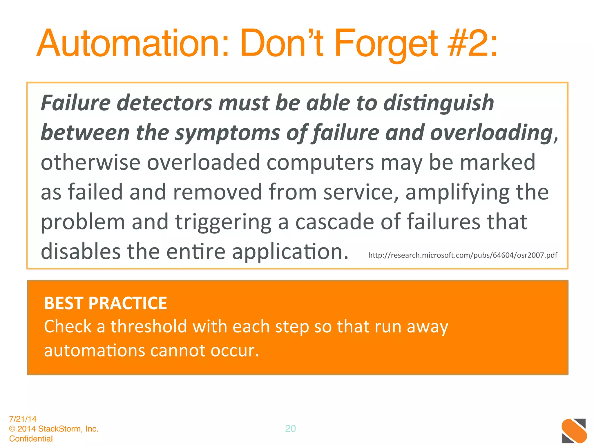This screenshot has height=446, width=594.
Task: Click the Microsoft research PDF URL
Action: click(x=463, y=255)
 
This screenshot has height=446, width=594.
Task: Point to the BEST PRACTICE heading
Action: click(x=106, y=303)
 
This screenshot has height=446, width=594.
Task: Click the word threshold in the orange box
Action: click(x=148, y=326)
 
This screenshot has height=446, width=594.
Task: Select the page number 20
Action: click(x=290, y=429)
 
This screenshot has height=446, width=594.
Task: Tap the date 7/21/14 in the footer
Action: click(x=23, y=419)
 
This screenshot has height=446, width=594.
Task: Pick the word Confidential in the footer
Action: click(x=31, y=438)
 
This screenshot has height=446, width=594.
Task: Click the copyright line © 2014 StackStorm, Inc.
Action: click(x=54, y=429)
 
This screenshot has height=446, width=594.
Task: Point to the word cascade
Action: click(x=334, y=222)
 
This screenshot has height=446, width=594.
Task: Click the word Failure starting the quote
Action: click(x=76, y=103)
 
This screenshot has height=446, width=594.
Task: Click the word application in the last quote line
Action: click(x=290, y=252)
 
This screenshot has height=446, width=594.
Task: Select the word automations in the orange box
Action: click(x=95, y=350)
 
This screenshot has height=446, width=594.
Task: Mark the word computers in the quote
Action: click(x=320, y=163)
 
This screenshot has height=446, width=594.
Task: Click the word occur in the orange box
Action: click(x=234, y=350)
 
